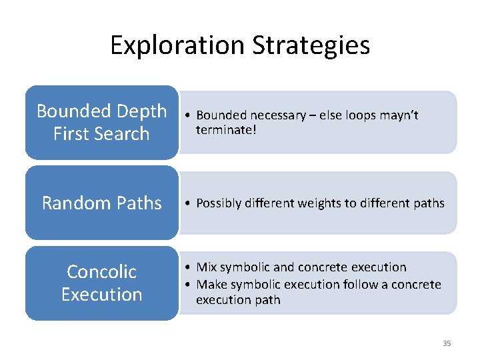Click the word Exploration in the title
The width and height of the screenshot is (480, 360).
click(x=177, y=45)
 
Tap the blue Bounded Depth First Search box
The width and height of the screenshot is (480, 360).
click(x=102, y=122)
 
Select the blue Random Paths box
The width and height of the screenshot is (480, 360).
click(x=102, y=203)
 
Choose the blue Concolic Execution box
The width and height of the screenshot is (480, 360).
click(x=102, y=283)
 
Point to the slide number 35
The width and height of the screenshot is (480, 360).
click(x=447, y=343)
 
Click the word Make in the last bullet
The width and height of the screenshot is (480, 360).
click(x=210, y=285)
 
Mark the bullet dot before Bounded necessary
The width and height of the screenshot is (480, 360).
click(x=189, y=116)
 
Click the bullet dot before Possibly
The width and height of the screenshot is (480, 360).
click(x=189, y=203)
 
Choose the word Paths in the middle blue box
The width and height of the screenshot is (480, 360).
click(x=137, y=203)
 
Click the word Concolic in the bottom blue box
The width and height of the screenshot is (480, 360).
click(x=102, y=271)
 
